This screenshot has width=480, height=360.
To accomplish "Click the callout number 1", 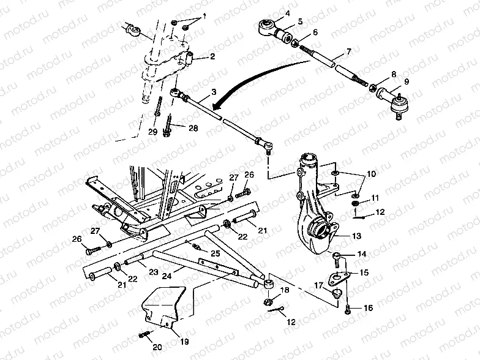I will coord(204,15).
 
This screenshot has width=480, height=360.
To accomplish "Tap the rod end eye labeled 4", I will coord(268,26).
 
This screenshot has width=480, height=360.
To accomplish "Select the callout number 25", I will coord(215,253).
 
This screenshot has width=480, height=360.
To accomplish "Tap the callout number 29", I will coord(152,131).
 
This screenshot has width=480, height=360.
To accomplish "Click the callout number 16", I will coord(367,308).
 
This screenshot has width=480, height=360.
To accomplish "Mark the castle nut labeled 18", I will coord(268,301).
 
